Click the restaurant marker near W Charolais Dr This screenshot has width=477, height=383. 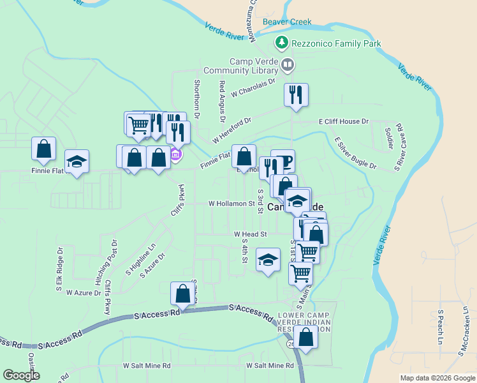[296, 95]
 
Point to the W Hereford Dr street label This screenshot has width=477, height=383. [233, 129]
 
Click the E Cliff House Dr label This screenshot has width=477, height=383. [344, 121]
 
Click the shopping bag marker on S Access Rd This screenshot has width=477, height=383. [182, 294]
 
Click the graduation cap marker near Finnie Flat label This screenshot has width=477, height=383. [77, 162]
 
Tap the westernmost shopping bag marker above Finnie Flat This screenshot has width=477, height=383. [43, 149]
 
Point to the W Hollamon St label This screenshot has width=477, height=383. [231, 204]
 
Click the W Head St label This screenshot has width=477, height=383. [249, 234]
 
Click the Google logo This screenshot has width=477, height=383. [22, 375]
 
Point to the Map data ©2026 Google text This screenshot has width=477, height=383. [437, 378]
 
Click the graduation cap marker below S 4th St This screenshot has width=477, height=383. [268, 260]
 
